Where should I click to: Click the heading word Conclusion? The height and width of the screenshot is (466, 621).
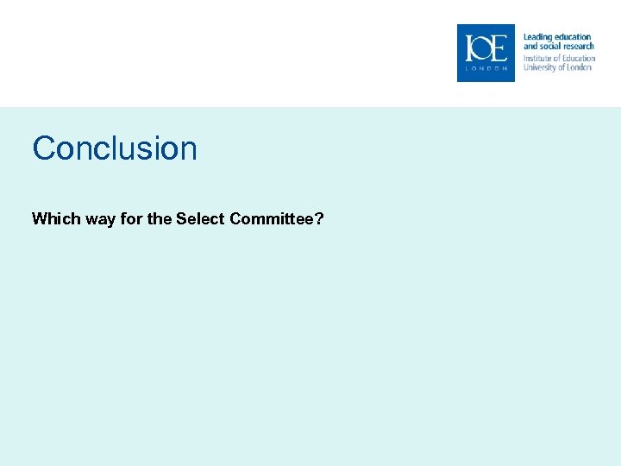click(x=115, y=148)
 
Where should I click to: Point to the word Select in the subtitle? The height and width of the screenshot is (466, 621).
click(x=201, y=218)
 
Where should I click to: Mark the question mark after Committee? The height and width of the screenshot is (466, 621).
click(x=319, y=218)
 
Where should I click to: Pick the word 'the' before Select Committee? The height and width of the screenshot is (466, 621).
click(x=160, y=218)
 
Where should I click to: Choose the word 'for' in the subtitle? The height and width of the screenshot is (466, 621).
click(x=132, y=218)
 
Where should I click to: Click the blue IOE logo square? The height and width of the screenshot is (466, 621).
click(x=486, y=53)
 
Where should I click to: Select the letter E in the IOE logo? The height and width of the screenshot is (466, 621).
click(x=499, y=49)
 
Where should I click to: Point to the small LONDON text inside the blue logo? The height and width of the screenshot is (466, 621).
click(x=486, y=68)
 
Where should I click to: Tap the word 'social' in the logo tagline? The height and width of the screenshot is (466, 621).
click(x=549, y=47)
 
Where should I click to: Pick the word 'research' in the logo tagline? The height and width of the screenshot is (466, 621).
click(x=579, y=47)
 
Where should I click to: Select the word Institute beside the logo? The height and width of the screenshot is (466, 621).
click(x=537, y=58)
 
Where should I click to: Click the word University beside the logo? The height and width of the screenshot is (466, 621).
click(x=541, y=67)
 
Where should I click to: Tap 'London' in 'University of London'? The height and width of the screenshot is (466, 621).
click(x=580, y=67)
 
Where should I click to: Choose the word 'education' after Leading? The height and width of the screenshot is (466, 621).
click(x=571, y=37)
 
